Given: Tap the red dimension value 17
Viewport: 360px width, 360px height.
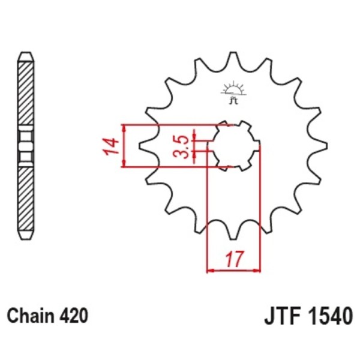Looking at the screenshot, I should tap(234, 260).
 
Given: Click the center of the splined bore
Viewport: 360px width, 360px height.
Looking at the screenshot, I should tap(233, 146).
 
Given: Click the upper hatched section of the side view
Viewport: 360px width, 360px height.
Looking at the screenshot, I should tap(25, 93).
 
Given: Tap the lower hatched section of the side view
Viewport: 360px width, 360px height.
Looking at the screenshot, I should tap(25, 198).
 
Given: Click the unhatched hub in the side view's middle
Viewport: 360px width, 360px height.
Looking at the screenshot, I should tap(25, 146).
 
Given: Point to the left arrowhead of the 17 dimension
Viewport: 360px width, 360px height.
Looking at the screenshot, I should tap(211, 270).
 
